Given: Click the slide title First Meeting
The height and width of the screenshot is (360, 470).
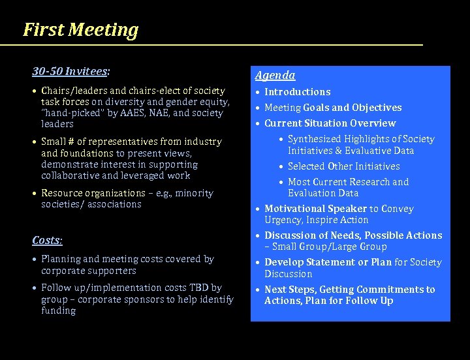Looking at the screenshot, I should pyautogui.click(x=80, y=30).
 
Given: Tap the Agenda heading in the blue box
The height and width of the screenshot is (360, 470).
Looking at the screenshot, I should pyautogui.click(x=275, y=76).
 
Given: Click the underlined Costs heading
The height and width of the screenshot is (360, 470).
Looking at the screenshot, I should pyautogui.click(x=47, y=240).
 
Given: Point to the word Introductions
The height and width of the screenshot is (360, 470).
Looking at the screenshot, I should pyautogui.click(x=297, y=92).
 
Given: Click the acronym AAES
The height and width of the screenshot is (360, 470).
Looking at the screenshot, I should pyautogui.click(x=133, y=113).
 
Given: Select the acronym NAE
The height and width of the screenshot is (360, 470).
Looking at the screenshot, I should pyautogui.click(x=165, y=113).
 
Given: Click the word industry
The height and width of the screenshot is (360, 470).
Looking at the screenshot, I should pyautogui.click(x=202, y=142).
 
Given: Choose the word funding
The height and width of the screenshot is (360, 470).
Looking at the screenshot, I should pyautogui.click(x=59, y=310).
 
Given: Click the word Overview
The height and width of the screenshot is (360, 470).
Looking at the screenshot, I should pyautogui.click(x=374, y=123).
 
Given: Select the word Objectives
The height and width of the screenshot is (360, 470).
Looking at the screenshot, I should pyautogui.click(x=376, y=108).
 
